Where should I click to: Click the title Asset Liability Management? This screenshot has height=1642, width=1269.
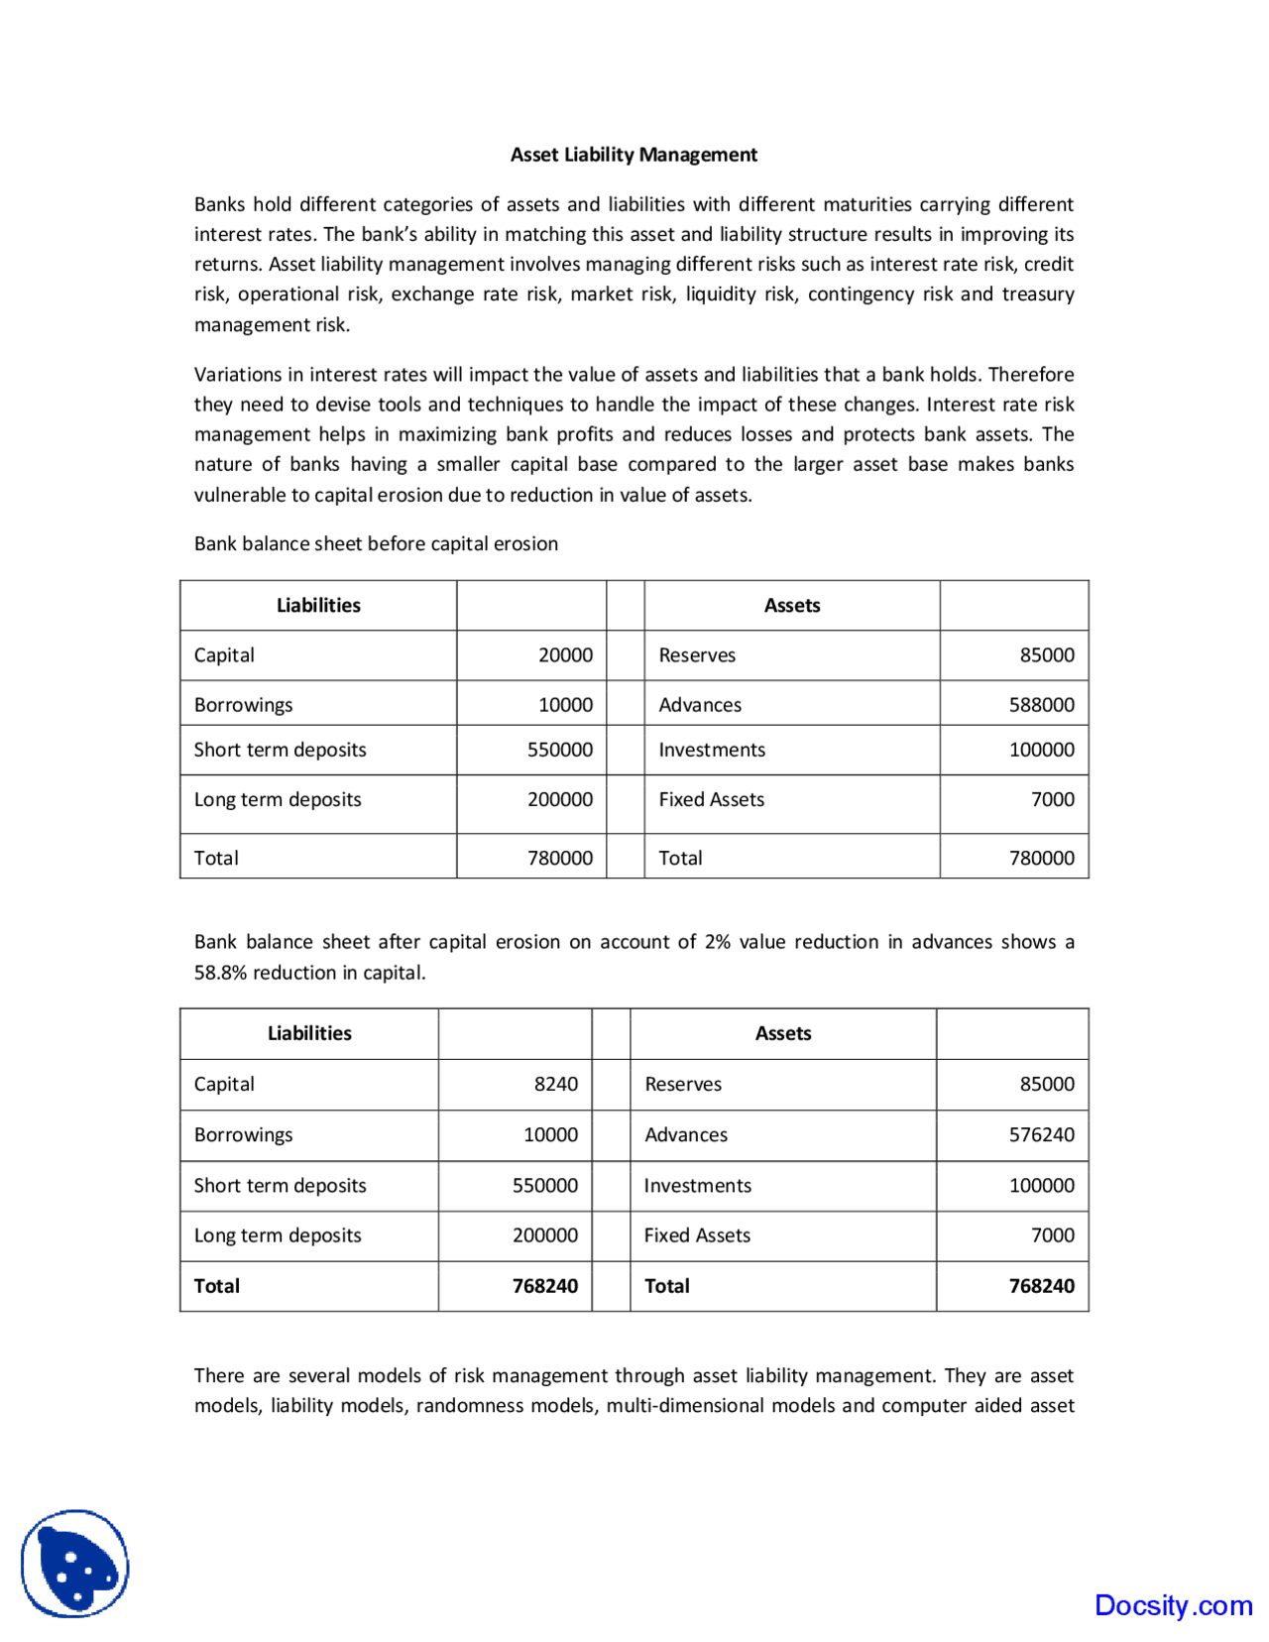[634, 155]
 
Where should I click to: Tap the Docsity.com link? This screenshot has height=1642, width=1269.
[1173, 1605]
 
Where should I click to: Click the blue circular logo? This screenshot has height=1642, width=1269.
[75, 1564]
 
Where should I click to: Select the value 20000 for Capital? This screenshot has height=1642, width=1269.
[565, 655]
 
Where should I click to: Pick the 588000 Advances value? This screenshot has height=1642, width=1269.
[1041, 705]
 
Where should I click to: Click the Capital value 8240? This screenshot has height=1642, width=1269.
[555, 1084]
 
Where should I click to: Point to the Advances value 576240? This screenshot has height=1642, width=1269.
[1041, 1134]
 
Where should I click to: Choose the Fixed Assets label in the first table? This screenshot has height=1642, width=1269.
[711, 799]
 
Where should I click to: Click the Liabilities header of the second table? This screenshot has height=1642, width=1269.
[309, 1033]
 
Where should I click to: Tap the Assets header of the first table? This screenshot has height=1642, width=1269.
[791, 606]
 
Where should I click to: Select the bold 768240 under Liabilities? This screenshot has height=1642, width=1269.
[544, 1286]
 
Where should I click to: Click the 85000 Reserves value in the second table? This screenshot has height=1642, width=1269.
[1047, 1084]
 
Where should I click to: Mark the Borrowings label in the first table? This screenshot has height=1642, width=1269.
[243, 705]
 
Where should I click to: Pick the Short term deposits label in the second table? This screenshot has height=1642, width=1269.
[280, 1186]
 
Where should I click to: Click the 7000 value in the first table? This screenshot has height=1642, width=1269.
[1052, 799]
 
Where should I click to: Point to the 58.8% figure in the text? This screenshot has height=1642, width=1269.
[221, 973]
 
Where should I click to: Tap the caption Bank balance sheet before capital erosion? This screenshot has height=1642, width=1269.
[376, 543]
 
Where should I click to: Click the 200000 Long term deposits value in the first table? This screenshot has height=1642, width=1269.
[559, 799]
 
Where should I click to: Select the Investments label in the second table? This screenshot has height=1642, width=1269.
[697, 1186]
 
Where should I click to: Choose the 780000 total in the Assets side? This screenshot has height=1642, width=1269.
[1041, 858]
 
